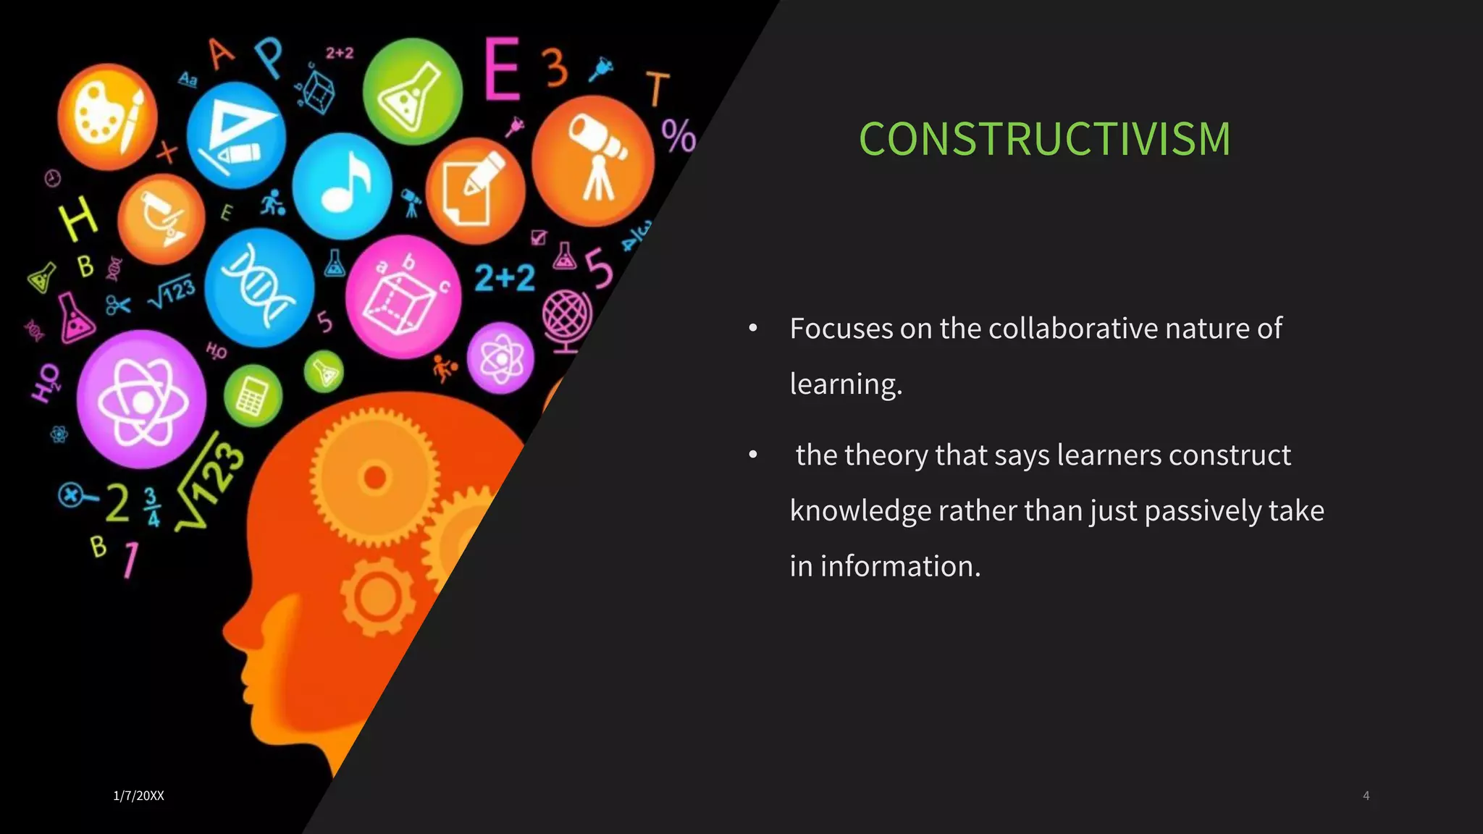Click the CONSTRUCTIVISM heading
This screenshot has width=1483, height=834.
(x=1044, y=139)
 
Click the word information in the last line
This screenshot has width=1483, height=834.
(x=900, y=566)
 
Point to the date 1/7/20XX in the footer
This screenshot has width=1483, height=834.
(x=138, y=796)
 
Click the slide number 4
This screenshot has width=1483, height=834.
(x=1366, y=796)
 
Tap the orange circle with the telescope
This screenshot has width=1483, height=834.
(x=593, y=161)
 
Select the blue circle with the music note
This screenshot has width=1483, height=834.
(x=343, y=186)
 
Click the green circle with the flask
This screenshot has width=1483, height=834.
(x=412, y=91)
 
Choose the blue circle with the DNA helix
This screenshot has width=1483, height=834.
(x=259, y=287)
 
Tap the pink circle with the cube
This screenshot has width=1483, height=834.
(x=403, y=297)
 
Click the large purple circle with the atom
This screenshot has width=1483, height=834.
(x=141, y=399)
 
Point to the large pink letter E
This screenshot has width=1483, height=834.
(x=502, y=69)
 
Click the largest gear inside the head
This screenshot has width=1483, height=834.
(x=374, y=477)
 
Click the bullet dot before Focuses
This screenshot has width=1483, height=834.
(x=753, y=329)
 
